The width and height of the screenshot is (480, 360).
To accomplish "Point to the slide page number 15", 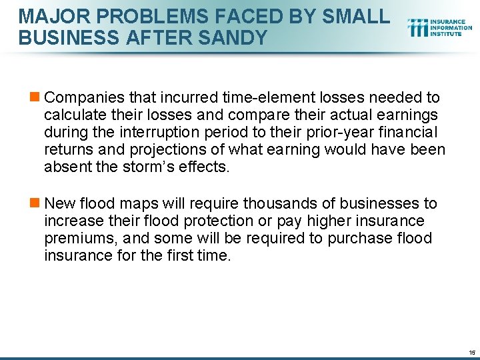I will tap(472, 352).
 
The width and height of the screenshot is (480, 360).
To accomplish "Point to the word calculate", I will tap(72, 115).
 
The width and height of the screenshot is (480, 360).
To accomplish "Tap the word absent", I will tap(65, 167).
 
